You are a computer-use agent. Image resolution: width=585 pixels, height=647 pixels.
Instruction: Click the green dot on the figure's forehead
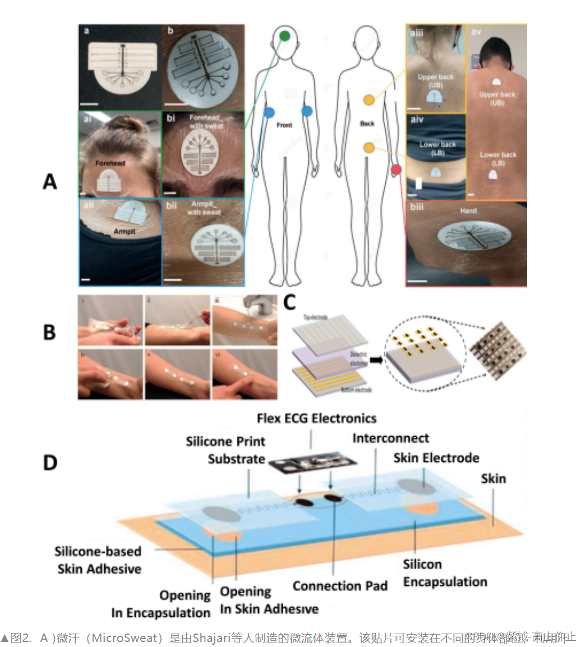click(x=284, y=36)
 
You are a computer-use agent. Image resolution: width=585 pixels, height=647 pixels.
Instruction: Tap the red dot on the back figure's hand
click(x=397, y=169)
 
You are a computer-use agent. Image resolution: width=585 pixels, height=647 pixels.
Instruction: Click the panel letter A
click(x=50, y=182)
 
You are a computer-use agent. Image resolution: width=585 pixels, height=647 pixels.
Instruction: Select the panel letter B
click(x=49, y=332)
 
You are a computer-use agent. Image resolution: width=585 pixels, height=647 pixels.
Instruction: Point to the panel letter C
click(x=289, y=303)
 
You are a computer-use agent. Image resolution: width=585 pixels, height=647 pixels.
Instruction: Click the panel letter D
click(x=50, y=463)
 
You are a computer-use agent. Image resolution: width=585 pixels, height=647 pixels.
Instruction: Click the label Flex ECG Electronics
click(x=316, y=418)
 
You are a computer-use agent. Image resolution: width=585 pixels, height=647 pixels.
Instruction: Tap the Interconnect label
click(x=390, y=438)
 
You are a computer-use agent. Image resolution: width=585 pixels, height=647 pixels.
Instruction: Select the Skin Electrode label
click(x=436, y=458)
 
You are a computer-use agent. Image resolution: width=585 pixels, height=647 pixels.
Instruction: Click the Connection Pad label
click(x=340, y=586)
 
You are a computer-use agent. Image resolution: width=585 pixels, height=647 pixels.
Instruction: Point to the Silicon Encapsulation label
click(x=445, y=573)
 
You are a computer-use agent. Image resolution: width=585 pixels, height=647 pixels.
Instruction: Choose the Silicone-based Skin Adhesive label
click(x=98, y=560)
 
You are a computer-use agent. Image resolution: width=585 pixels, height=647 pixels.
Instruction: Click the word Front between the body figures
click(x=284, y=125)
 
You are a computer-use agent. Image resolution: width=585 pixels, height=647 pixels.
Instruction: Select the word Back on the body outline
click(x=367, y=123)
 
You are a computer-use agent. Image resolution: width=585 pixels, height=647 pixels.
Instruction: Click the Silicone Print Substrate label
click(x=225, y=450)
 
